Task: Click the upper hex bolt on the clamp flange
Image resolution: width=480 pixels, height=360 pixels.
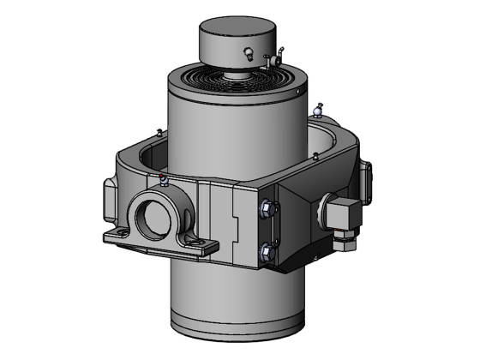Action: click(x=266, y=207)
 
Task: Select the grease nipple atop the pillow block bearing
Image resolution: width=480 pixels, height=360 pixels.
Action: click(x=160, y=179)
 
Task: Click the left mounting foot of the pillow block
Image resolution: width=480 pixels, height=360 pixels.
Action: click(x=115, y=237)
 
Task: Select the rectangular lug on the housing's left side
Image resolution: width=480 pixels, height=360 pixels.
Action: click(x=108, y=197)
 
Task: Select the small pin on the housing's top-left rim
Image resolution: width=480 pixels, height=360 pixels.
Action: click(x=160, y=131)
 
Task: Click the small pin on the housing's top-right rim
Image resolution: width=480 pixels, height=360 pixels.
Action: click(x=316, y=156)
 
